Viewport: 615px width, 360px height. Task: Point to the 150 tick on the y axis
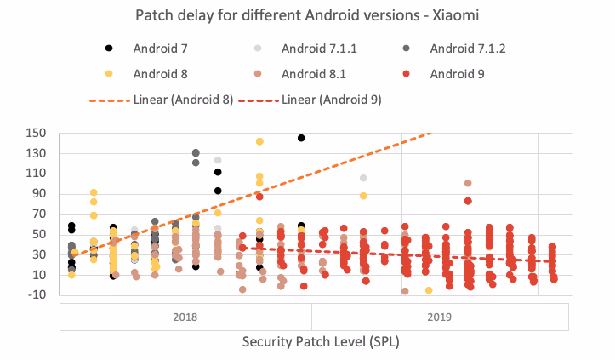point(36,133)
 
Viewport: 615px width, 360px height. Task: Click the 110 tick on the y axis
point(36,174)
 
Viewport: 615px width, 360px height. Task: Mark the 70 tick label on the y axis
point(39,214)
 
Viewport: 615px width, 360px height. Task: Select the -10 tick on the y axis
point(37,295)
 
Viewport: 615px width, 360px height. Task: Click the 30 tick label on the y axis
point(39,254)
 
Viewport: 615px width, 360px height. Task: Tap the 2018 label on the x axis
point(185,317)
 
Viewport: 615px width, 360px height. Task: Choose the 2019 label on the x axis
point(440,317)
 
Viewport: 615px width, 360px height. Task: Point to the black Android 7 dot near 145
point(301,138)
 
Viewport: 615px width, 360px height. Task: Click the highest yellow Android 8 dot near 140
point(259,141)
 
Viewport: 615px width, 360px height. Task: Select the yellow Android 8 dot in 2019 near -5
point(429,290)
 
